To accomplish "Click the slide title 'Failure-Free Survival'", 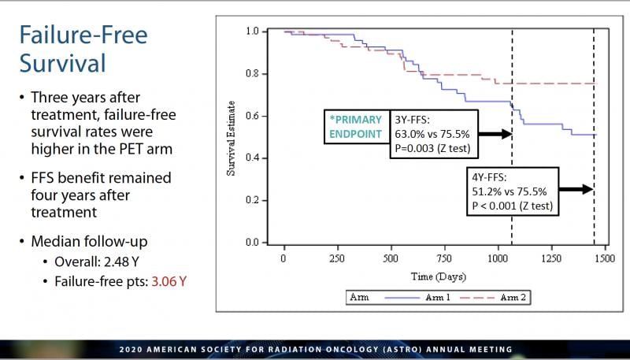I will coord(83,49).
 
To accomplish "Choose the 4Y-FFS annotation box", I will coord(510,190).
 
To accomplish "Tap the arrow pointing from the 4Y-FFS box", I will coord(577,189).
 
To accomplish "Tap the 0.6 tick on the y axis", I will coord(252,116).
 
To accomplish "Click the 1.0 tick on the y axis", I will coord(252,32).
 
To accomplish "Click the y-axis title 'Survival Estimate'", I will coord(232,136).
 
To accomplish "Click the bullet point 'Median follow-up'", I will coord(79,243).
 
